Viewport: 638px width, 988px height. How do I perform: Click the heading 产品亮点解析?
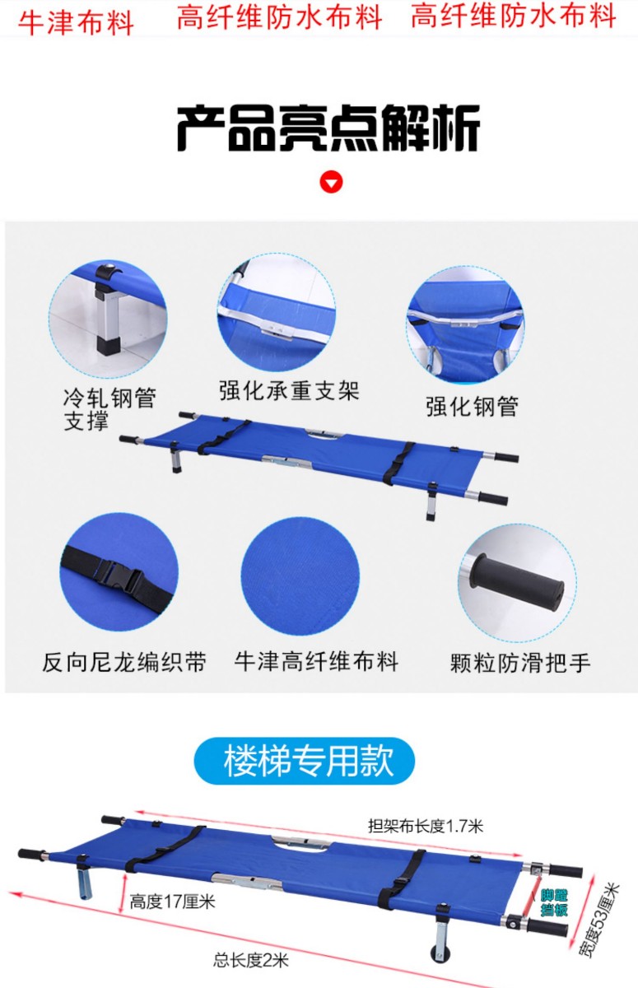[x=328, y=128]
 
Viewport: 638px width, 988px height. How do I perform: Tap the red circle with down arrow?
[x=331, y=183]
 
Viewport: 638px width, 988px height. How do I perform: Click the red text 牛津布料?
[x=76, y=22]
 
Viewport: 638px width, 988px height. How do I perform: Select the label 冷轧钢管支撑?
[x=109, y=409]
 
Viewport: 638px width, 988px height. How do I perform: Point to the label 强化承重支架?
[x=289, y=390]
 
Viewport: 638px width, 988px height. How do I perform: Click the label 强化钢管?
[x=472, y=406]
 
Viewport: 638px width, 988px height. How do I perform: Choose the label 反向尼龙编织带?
[x=124, y=662]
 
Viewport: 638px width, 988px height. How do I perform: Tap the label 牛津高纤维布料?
[x=316, y=661]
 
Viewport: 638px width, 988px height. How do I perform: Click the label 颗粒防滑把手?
[x=520, y=663]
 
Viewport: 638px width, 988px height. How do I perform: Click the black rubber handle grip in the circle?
[x=516, y=582]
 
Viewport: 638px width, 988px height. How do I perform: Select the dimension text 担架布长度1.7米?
[x=426, y=826]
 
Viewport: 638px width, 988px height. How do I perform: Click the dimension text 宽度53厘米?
[x=600, y=919]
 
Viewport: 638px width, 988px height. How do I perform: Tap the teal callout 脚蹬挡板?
[x=554, y=902]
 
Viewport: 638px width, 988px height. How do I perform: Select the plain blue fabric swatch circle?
[x=300, y=576]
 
